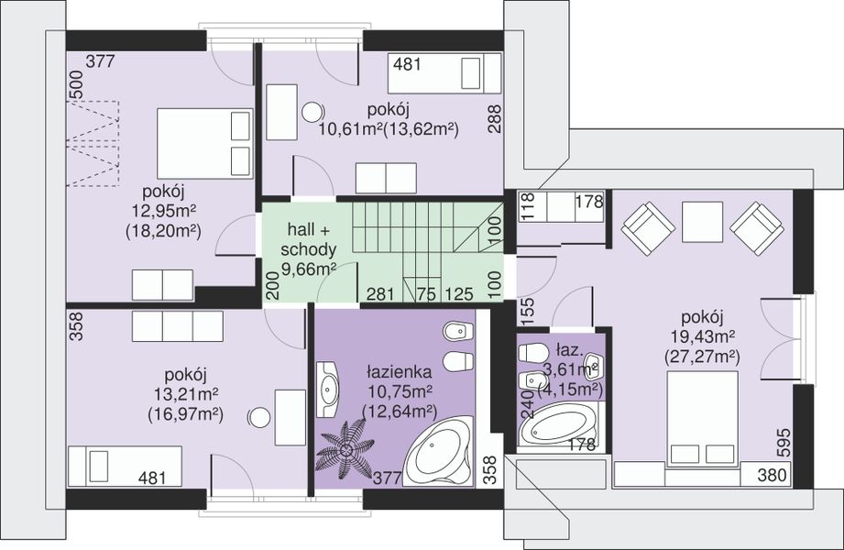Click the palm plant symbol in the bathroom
click(x=345, y=449)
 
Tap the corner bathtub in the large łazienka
click(x=438, y=451)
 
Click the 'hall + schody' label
click(x=309, y=239)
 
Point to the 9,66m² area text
click(x=309, y=269)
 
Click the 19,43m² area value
click(x=703, y=336)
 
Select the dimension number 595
click(x=784, y=443)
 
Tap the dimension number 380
click(x=772, y=475)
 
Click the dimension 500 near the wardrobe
click(x=76, y=85)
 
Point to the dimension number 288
click(x=494, y=118)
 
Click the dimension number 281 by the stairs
click(x=380, y=294)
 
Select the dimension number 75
click(x=426, y=294)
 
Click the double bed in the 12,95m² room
click(x=205, y=144)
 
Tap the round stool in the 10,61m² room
click(x=312, y=112)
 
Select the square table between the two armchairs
click(x=700, y=222)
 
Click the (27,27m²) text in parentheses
click(x=703, y=356)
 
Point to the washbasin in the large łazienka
click(x=327, y=389)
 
